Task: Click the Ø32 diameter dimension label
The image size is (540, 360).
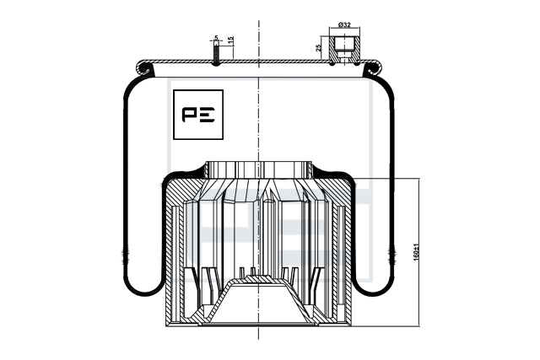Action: tap(344, 24)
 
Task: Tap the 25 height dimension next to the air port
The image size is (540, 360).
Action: tap(319, 47)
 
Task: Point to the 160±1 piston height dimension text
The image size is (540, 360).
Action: tap(416, 252)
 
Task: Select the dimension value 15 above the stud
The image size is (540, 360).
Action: tap(231, 40)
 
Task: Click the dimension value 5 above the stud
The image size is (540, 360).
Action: tap(216, 37)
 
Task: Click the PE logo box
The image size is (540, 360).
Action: tap(198, 115)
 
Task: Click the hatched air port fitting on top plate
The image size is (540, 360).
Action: tap(344, 49)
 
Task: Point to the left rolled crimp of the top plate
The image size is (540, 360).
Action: tap(144, 68)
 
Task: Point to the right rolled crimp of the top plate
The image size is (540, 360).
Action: tap(373, 68)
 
